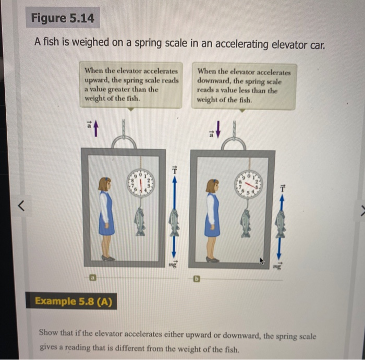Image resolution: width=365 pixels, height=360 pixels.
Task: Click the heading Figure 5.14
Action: (x=62, y=19)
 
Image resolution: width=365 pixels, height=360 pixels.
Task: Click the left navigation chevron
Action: (x=21, y=207)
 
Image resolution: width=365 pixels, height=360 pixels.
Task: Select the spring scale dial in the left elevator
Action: (x=139, y=183)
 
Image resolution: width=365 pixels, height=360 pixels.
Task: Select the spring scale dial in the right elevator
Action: (x=249, y=184)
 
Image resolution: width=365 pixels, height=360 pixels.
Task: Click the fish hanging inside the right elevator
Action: (x=246, y=222)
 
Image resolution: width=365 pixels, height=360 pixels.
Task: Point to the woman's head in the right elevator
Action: (x=212, y=186)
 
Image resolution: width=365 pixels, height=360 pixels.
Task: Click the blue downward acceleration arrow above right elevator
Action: (x=218, y=128)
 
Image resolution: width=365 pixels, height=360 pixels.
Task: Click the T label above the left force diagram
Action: (x=175, y=170)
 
